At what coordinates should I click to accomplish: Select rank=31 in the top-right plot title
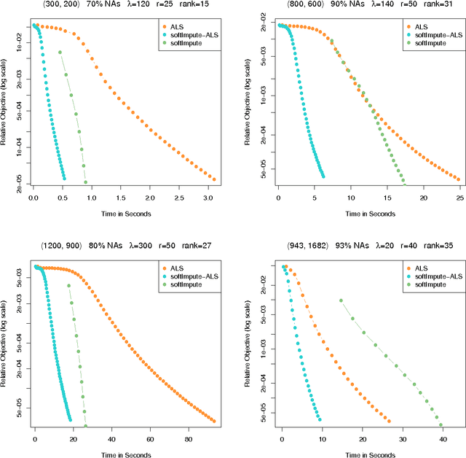pos(440,6)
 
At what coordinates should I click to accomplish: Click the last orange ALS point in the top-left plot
pos(213,179)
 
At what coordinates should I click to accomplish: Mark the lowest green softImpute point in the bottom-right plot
pos(441,425)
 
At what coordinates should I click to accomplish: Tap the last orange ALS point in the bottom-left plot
pos(213,421)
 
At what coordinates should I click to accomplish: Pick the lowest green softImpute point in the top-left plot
pos(86,182)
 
